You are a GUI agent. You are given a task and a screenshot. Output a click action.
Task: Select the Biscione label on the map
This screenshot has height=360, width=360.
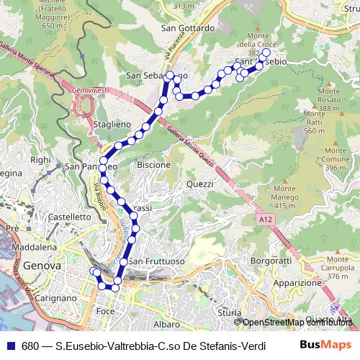pyautogui.click(x=154, y=164)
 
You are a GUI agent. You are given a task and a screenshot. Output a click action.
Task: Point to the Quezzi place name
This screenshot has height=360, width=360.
pyautogui.click(x=199, y=184)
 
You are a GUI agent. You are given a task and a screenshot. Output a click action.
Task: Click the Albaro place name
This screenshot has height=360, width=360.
pyautogui.click(x=166, y=304)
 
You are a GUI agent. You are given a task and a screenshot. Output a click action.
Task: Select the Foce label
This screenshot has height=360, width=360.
pyautogui.click(x=105, y=311)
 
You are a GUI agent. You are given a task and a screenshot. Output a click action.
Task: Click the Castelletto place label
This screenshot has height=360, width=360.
pyautogui.click(x=69, y=216)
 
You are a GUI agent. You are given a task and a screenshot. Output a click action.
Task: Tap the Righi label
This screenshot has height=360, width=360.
pyautogui.click(x=40, y=160)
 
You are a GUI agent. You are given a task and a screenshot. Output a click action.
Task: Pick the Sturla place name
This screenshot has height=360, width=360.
pyautogui.click(x=229, y=313)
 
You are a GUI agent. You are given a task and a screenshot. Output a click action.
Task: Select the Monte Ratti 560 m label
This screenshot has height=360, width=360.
pyautogui.click(x=315, y=122)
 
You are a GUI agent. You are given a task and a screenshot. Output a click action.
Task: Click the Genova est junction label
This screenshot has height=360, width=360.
pyautogui.click(x=89, y=91)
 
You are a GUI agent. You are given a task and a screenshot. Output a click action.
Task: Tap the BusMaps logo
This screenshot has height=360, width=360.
pyautogui.click(x=325, y=346)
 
